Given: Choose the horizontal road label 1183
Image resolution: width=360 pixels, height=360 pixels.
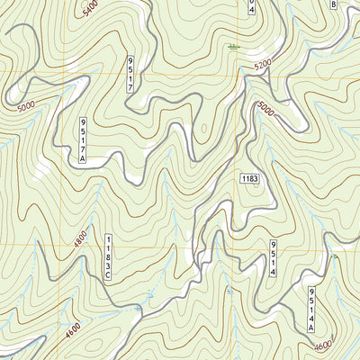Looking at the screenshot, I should click(x=249, y=179).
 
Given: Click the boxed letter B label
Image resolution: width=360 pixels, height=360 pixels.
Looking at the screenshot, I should click(x=334, y=4).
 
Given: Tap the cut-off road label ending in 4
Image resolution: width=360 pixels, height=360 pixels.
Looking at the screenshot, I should click(x=252, y=8).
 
